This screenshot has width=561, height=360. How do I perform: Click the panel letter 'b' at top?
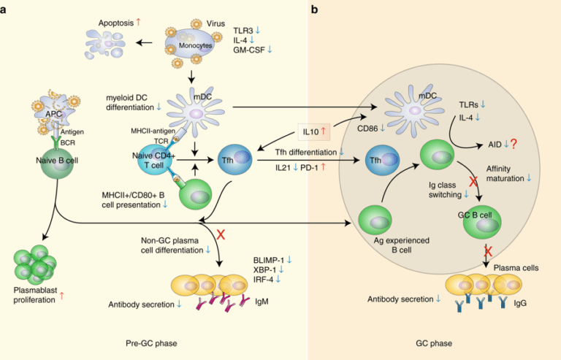315,9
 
